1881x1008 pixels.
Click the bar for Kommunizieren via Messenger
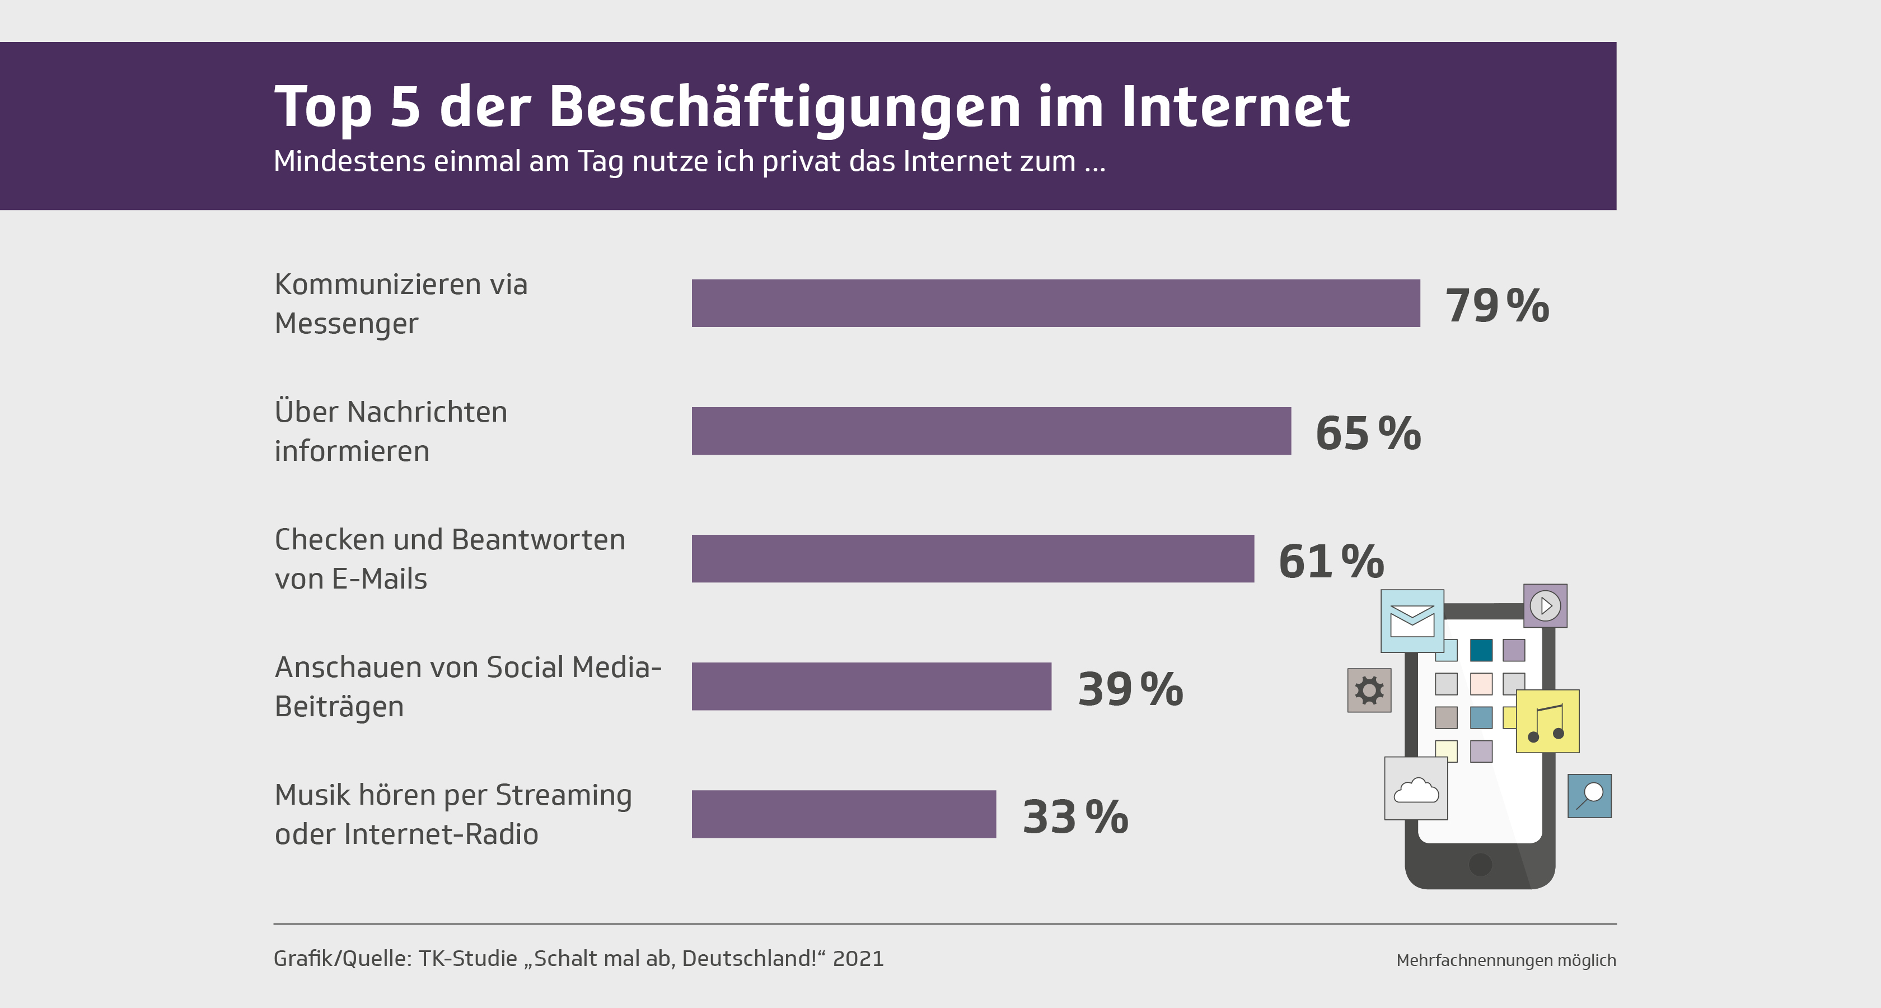pyautogui.click(x=1055, y=303)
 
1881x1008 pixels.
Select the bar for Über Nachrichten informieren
pyautogui.click(x=991, y=431)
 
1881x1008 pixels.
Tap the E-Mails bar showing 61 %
pyautogui.click(x=972, y=559)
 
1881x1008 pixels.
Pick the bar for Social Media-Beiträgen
pyautogui.click(x=871, y=687)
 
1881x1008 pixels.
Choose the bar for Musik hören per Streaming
pyautogui.click(x=844, y=814)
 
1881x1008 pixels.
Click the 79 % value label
pyautogui.click(x=1497, y=305)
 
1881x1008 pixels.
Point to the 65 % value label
pyautogui.click(x=1368, y=433)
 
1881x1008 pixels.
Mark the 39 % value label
pyautogui.click(x=1130, y=689)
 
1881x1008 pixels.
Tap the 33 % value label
pyautogui.click(x=1075, y=816)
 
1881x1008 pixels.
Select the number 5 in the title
pyautogui.click(x=405, y=106)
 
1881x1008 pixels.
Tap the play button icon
pyautogui.click(x=1545, y=605)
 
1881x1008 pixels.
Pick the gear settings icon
pyautogui.click(x=1369, y=690)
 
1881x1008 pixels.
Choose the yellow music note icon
pyautogui.click(x=1547, y=721)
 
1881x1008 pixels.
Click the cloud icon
pyautogui.click(x=1416, y=789)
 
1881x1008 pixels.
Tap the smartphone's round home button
pyautogui.click(x=1480, y=864)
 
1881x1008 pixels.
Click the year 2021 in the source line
pyautogui.click(x=858, y=958)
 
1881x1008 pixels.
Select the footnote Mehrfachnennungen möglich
pyautogui.click(x=1506, y=960)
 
